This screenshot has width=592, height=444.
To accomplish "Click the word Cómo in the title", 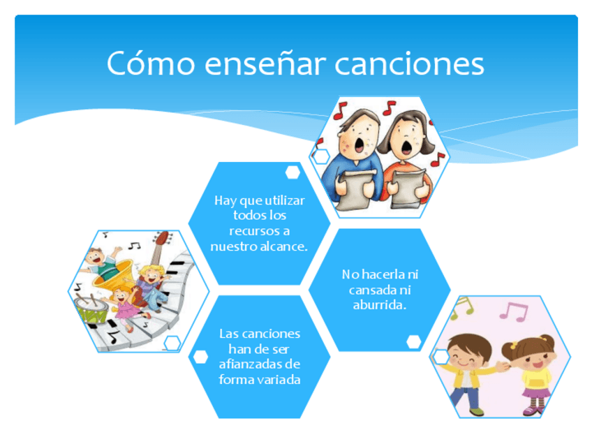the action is click(151, 63).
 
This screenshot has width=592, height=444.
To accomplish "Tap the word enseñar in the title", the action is click(265, 64).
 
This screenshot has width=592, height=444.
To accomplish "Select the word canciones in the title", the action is click(409, 64).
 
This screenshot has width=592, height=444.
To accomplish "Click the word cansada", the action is click(372, 290).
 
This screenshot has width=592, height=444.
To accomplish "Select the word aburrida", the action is click(380, 304).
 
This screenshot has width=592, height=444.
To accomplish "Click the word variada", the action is click(280, 380).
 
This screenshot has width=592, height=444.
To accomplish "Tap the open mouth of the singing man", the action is click(360, 145).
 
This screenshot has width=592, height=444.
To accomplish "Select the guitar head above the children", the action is click(163, 239).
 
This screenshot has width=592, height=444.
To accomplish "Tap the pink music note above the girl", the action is click(514, 311).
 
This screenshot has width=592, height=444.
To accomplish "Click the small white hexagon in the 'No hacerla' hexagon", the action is click(414, 341).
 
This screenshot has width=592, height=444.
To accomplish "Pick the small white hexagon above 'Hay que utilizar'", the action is click(293, 172).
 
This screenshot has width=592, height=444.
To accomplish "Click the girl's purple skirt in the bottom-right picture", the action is click(536, 392).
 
